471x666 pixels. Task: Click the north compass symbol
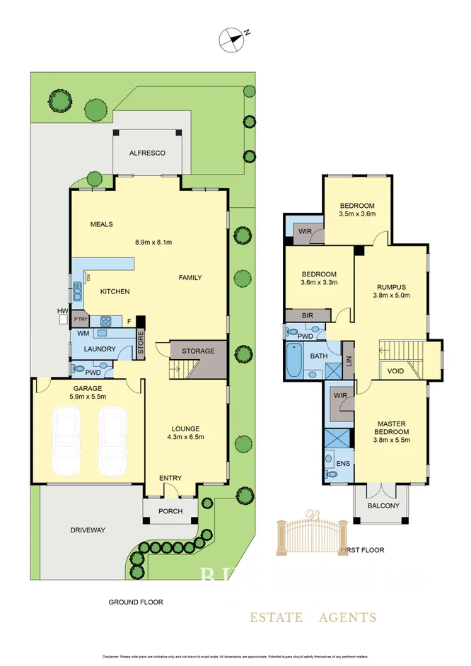[x=231, y=40]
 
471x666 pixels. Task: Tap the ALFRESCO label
[x=147, y=153]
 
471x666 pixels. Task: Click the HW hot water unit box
[x=63, y=319]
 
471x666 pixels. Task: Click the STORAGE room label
[x=198, y=351]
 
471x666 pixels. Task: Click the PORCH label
[x=170, y=511]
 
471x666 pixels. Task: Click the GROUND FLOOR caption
[x=135, y=602]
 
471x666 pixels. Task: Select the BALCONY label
[x=383, y=506]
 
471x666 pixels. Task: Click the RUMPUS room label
[x=390, y=286]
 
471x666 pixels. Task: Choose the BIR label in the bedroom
[x=308, y=315]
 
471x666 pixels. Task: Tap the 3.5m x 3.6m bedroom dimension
[x=357, y=214]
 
